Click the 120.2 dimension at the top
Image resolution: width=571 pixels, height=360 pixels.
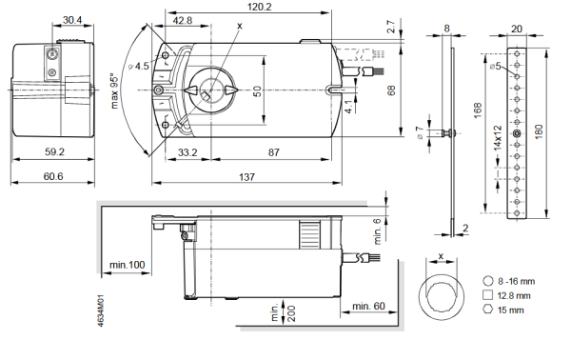pos(251,7)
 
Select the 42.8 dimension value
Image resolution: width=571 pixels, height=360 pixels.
pos(182,20)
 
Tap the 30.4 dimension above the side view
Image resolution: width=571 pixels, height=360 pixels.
pos(73,20)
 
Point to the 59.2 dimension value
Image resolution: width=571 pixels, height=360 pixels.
pos(53,151)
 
